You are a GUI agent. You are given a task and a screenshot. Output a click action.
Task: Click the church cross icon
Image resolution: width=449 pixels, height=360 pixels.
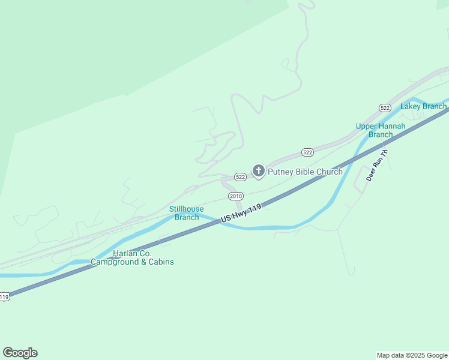pos(258,171)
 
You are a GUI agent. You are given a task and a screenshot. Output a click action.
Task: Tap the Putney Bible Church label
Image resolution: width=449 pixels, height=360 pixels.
pos(305,172)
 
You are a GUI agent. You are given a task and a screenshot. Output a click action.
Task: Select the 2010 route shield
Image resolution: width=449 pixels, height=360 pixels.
pos(235,196)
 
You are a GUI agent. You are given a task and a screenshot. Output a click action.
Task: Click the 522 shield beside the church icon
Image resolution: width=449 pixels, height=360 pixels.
pos(240,177)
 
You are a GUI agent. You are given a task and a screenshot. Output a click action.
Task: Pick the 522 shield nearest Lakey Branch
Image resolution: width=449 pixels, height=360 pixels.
pos(385,107)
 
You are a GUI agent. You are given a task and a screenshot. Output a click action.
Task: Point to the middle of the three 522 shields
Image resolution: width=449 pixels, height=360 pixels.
pos(307,152)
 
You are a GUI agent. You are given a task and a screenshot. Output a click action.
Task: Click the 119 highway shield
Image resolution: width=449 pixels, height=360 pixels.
pos(4,297)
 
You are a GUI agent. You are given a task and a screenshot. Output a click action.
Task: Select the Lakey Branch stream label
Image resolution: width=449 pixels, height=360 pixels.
pos(423,107)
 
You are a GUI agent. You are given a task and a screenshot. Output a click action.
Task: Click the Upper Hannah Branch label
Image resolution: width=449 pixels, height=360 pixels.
pos(381,130)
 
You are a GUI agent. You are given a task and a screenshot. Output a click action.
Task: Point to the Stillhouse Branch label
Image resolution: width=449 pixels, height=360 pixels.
pos(186,213)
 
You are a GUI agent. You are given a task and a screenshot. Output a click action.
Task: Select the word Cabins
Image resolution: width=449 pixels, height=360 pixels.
pos(160,262)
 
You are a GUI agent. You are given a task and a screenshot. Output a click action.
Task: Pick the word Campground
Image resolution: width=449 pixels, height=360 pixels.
pos(115,262)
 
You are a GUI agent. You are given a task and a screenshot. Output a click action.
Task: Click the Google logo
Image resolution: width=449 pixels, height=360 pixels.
pos(20,353)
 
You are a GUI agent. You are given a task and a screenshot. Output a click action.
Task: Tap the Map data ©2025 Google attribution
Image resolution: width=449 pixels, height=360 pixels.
pos(412,355)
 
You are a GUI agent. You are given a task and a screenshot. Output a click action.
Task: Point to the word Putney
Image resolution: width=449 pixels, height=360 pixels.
pos(279,172)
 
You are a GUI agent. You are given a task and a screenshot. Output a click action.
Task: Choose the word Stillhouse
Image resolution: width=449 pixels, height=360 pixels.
pos(186,209)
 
